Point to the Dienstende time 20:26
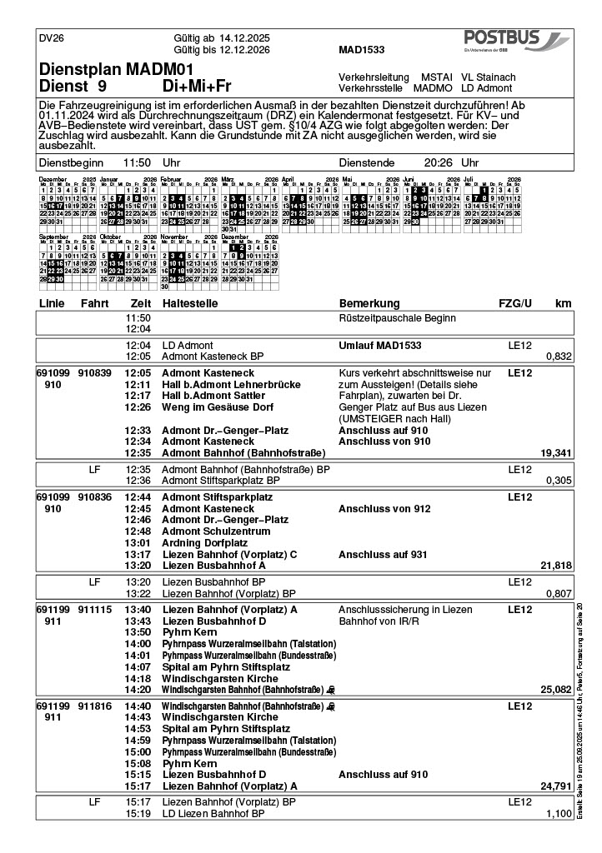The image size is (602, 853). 439,163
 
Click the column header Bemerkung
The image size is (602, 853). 369,303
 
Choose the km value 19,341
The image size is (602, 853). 555,453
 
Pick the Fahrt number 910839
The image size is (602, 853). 94,372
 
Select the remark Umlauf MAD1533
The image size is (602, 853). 379,345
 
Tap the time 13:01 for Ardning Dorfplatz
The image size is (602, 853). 138,543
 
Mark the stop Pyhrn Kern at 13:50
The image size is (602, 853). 189,632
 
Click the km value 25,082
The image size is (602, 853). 555,690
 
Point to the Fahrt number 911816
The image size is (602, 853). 94,706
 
